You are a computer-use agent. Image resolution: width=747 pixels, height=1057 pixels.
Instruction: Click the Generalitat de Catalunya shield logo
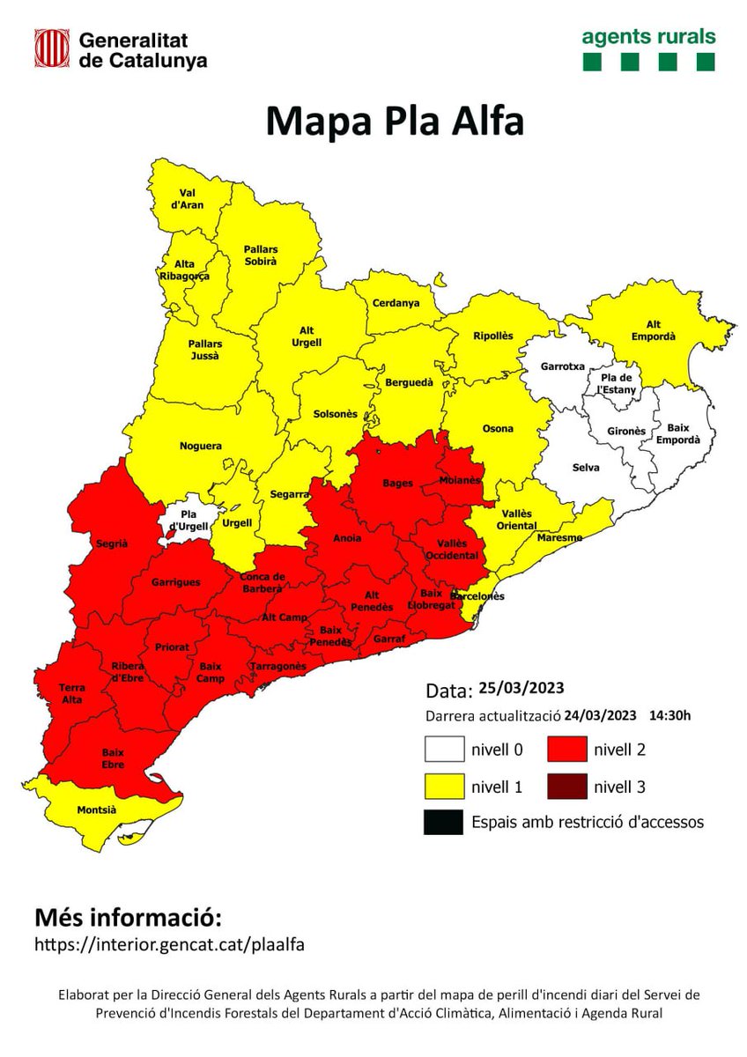point(52,48)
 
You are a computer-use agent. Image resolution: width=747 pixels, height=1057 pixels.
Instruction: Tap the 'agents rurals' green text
point(648,37)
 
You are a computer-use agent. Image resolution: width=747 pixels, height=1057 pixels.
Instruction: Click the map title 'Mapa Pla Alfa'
point(395,122)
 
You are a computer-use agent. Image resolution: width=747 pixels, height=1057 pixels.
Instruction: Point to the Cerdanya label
point(396,303)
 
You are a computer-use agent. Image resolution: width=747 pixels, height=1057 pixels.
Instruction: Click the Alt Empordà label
point(653,330)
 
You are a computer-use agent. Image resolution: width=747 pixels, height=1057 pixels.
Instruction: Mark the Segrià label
point(112,543)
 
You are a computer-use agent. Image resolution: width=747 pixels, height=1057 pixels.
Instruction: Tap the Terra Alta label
point(71,693)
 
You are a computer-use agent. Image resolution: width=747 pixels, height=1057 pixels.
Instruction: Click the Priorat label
point(172,647)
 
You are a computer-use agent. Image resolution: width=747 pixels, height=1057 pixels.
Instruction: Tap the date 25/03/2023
point(521,688)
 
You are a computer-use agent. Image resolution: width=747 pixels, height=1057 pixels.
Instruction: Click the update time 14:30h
point(670,714)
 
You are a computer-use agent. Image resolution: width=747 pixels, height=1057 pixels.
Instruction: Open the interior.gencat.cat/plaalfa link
point(169,943)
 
